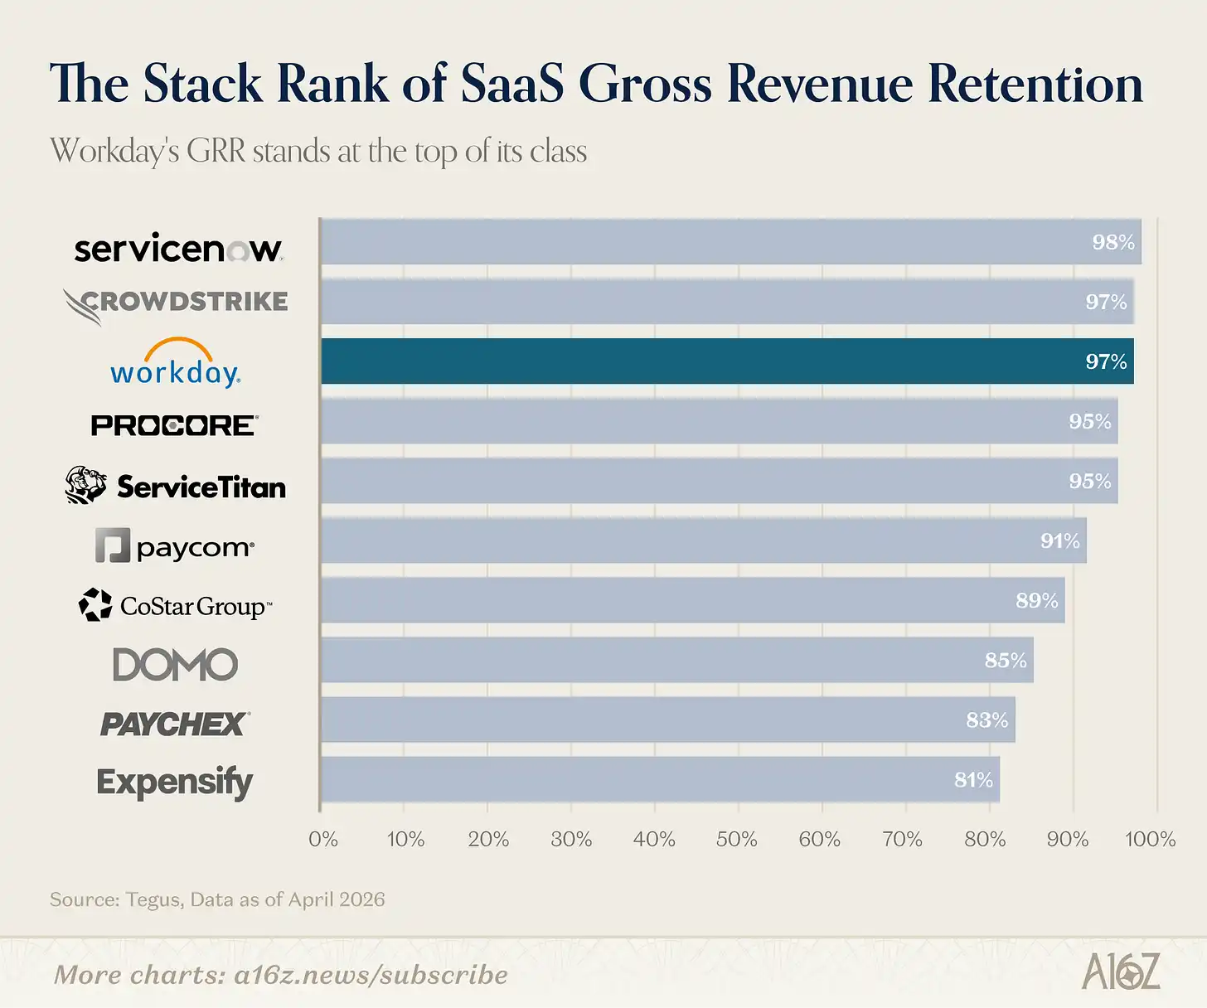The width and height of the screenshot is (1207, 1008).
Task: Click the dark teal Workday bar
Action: point(727,361)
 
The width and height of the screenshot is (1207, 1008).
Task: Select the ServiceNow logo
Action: point(178,249)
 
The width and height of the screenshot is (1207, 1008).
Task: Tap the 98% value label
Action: point(1112,242)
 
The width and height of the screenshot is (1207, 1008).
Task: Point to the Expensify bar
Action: point(659,779)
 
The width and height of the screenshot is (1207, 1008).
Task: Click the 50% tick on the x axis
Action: point(736,840)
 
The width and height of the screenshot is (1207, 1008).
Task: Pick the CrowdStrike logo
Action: point(176,303)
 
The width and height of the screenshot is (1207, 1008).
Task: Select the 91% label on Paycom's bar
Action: point(1059,540)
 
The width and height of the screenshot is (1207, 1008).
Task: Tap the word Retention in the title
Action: point(1035,85)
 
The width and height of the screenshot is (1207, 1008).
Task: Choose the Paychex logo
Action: point(174,724)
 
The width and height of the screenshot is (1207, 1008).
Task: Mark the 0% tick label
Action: point(322,840)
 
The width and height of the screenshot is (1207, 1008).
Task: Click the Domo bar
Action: point(676,660)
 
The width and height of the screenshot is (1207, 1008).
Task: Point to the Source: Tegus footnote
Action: point(217,899)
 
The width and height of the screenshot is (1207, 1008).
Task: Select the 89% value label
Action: point(1036,600)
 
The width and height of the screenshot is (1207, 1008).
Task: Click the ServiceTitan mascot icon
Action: point(86,485)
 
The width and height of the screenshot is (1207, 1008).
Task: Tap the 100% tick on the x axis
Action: point(1150,840)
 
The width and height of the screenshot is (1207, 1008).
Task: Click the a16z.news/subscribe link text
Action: point(371,975)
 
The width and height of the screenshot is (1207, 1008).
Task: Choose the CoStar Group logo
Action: point(175,606)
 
